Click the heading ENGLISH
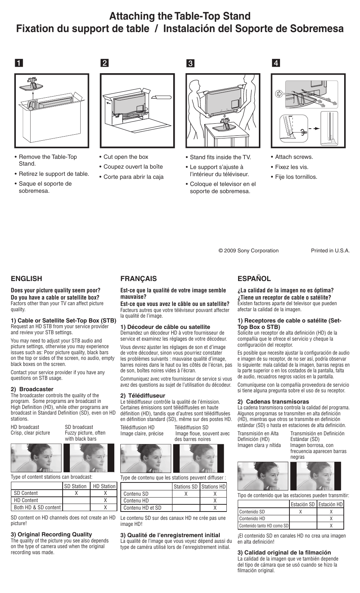point(26,279)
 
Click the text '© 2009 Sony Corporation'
point(248,250)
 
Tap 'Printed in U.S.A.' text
point(330,250)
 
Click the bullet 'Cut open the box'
point(126,157)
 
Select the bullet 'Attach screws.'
point(294,157)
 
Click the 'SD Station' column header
point(75,486)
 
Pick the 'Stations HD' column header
point(213,487)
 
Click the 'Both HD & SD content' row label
point(37,507)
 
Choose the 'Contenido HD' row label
point(252,519)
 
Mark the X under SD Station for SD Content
point(76,493)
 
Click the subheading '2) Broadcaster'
point(32,389)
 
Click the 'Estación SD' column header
point(303,504)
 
